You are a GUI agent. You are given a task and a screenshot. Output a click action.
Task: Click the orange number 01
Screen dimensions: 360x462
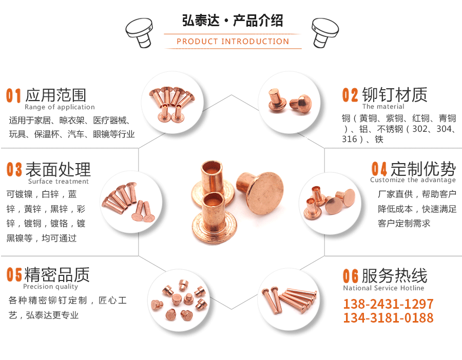point(14,95)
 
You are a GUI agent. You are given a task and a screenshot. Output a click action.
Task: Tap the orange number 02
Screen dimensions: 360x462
point(350,95)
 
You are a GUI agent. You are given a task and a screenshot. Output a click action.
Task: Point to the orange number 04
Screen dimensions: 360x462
point(379,169)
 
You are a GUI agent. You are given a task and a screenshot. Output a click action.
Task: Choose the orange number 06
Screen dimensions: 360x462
point(351,276)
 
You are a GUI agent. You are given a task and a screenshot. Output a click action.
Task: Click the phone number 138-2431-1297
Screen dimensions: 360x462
point(388,304)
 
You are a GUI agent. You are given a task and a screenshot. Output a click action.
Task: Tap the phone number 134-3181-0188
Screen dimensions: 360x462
point(388,318)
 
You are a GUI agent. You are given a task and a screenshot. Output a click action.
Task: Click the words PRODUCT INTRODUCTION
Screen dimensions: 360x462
point(233,42)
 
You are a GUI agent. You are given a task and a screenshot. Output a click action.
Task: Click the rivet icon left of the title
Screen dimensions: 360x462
point(140,32)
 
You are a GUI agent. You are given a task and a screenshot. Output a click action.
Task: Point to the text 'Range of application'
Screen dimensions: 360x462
point(60,107)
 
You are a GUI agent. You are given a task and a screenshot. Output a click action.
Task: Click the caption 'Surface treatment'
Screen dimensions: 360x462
point(59,182)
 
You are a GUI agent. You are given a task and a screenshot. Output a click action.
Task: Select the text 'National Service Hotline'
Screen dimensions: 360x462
point(383,288)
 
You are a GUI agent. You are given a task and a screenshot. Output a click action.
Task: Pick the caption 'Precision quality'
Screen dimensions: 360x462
point(50,287)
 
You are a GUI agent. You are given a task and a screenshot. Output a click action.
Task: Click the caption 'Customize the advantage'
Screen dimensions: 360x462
point(413,180)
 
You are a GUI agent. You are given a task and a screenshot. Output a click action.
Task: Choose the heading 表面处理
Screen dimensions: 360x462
point(58,169)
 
